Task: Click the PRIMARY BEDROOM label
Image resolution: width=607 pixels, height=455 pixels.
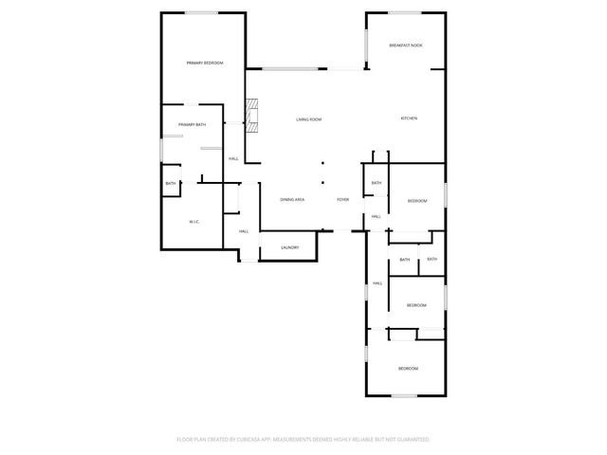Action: [204, 63]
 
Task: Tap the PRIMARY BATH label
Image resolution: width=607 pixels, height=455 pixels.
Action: [192, 124]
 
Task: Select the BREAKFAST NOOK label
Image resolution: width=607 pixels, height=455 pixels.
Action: [406, 45]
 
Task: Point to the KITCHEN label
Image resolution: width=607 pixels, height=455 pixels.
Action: [409, 118]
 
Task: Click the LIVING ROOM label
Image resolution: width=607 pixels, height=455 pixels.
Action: [308, 119]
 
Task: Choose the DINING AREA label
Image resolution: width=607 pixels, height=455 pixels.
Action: [292, 200]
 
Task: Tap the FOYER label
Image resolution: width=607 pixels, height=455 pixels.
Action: [343, 200]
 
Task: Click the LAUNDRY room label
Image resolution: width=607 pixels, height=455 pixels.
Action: [290, 248]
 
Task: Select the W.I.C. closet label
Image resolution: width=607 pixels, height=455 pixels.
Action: [193, 222]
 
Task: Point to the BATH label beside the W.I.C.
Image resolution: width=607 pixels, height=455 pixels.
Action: [171, 184]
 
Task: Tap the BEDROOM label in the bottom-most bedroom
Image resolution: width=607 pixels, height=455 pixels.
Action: [408, 368]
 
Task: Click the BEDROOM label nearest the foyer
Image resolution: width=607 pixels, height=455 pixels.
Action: [417, 201]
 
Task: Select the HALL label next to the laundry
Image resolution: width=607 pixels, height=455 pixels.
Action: [244, 231]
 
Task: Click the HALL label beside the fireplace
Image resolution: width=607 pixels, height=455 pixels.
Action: [233, 158]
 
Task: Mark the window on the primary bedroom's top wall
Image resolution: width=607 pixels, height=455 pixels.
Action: [201, 12]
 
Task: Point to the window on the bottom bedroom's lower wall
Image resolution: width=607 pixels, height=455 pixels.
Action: [406, 395]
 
